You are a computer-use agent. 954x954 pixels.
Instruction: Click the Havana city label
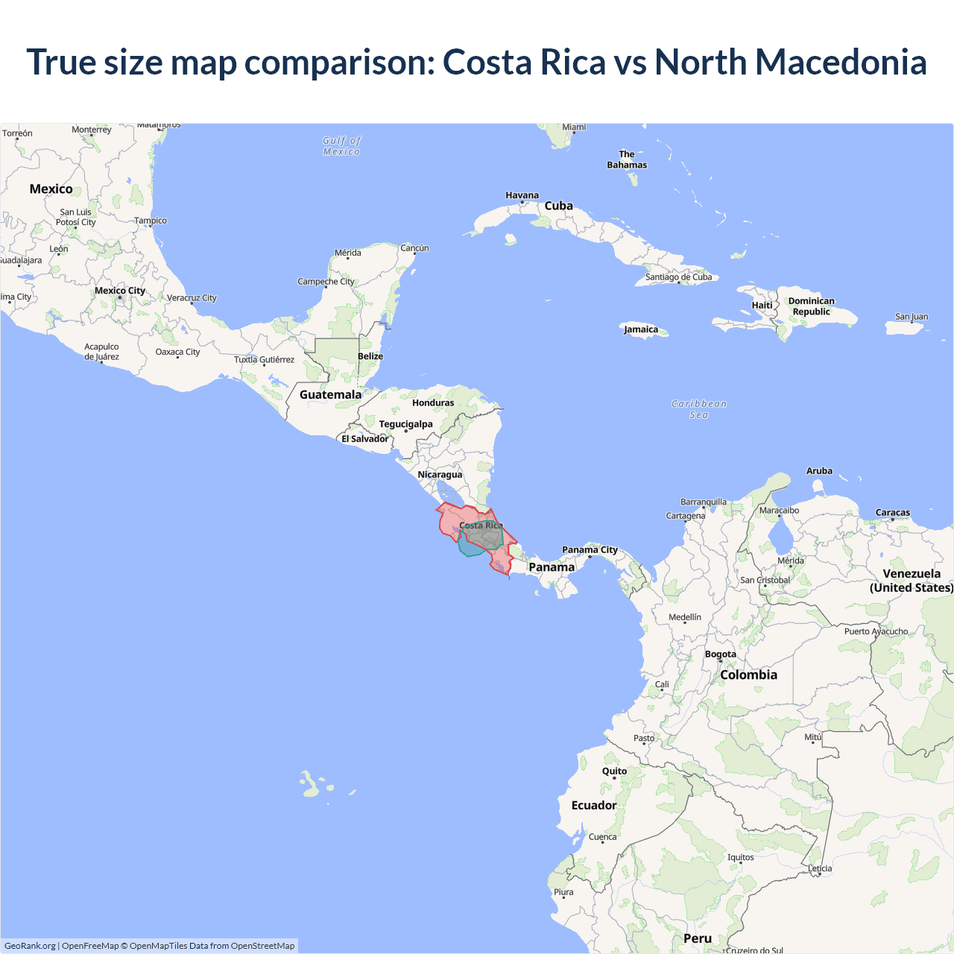coord(522,195)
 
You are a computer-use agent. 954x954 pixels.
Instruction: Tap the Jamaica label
coord(641,329)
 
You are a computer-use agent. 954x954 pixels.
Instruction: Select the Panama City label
coord(590,550)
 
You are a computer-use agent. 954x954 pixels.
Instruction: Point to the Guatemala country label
coord(330,394)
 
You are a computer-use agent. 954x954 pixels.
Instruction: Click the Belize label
coord(370,356)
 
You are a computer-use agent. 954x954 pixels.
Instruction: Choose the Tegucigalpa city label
coord(405,424)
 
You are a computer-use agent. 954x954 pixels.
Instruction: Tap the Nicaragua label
coord(440,475)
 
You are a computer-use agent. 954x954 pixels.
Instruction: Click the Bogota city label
coord(720,654)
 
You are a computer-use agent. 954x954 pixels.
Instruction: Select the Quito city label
coord(614,771)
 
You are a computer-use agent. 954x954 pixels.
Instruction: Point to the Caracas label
coord(892,513)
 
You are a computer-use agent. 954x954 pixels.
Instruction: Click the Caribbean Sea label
coord(698,409)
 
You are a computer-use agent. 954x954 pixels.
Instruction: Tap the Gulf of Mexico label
coord(341,146)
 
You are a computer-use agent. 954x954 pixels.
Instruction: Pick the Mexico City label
coord(119,291)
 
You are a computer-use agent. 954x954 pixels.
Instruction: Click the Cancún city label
coord(414,248)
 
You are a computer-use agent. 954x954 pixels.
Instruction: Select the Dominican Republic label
coord(811,306)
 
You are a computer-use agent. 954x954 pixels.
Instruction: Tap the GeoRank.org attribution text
coord(30,946)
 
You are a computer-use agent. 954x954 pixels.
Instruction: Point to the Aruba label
coord(819,471)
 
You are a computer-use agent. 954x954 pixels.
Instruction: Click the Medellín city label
coord(684,617)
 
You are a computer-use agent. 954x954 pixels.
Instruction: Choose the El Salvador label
coord(364,439)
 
